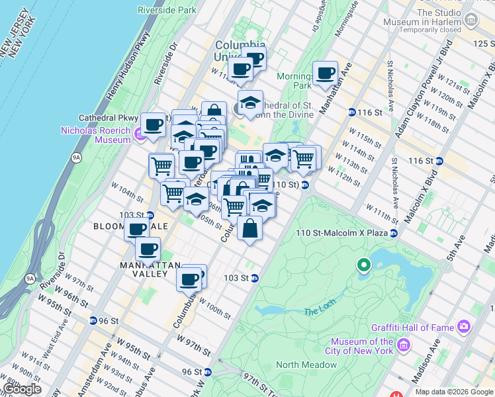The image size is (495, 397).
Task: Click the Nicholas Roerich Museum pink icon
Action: [140, 135]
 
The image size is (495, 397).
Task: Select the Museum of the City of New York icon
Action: [402, 347]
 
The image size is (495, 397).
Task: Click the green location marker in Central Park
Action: [363, 266]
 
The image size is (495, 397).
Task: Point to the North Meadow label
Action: [306, 365]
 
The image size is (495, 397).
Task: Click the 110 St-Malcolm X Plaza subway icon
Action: [394, 233]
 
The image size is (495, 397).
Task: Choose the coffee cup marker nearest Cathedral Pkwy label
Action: [153, 124]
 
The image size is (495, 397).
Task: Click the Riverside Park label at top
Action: [167, 10]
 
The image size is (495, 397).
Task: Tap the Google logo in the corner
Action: [21, 389]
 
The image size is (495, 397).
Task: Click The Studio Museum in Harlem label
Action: [448, 20]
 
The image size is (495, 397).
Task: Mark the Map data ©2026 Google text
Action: [454, 392]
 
